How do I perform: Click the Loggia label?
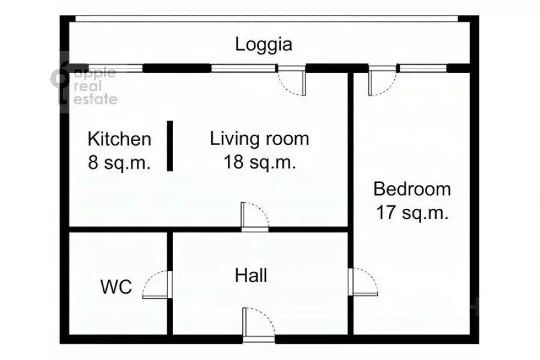[x=263, y=45]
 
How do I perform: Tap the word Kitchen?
[x=119, y=139]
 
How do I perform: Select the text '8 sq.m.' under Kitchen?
[x=119, y=162]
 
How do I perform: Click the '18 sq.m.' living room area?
[x=260, y=161]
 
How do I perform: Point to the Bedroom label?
[x=412, y=189]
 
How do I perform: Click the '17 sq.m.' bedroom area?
[x=412, y=212]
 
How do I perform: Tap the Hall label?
[x=251, y=275]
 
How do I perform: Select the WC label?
[x=116, y=287]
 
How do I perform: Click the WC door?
[x=157, y=284]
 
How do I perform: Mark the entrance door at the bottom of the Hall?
[x=259, y=325]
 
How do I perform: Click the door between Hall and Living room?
[x=255, y=217]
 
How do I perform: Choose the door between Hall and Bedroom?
[x=363, y=282]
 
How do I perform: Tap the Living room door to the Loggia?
[x=292, y=80]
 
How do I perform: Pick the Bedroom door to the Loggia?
[x=382, y=80]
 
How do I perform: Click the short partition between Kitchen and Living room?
[x=170, y=146]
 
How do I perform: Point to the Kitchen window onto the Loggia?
[x=116, y=68]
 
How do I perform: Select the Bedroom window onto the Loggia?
[x=423, y=68]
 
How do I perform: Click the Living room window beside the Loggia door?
[x=244, y=68]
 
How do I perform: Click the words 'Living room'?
[x=260, y=139]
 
